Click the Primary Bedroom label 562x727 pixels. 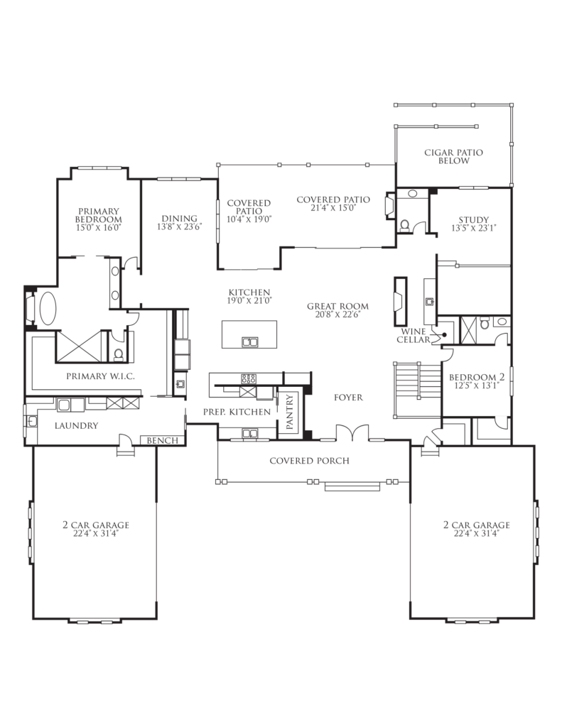coord(98,215)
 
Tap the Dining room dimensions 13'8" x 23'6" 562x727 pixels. coord(180,227)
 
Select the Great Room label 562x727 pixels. coord(338,306)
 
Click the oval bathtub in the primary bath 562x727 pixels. coord(48,308)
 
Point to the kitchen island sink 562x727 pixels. coord(249,342)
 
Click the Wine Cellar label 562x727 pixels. coord(413,336)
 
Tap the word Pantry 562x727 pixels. coord(290,412)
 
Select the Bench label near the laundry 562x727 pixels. coord(163,440)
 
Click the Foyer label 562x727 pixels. coord(348,398)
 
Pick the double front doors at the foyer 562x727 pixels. coord(352,432)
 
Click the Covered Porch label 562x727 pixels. coord(309,460)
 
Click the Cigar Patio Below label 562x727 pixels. coord(453,156)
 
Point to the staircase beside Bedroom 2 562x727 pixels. coord(417,390)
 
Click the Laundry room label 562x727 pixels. coord(76,425)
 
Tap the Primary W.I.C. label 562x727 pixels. coord(100,376)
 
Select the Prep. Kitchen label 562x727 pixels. coord(237,412)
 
